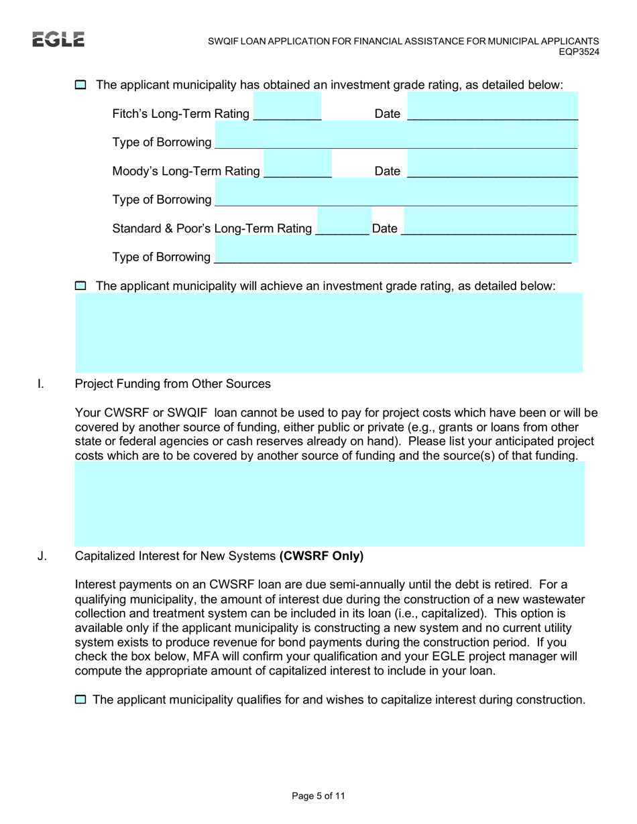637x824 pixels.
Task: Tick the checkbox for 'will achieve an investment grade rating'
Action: (x=80, y=286)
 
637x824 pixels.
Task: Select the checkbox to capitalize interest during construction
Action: (x=80, y=700)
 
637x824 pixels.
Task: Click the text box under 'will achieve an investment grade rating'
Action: (x=329, y=333)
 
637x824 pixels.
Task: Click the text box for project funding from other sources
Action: (x=329, y=504)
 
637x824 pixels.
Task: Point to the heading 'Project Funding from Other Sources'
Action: (x=173, y=385)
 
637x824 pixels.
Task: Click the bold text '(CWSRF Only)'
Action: (x=322, y=556)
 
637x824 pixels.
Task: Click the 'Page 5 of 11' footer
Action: (x=318, y=797)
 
